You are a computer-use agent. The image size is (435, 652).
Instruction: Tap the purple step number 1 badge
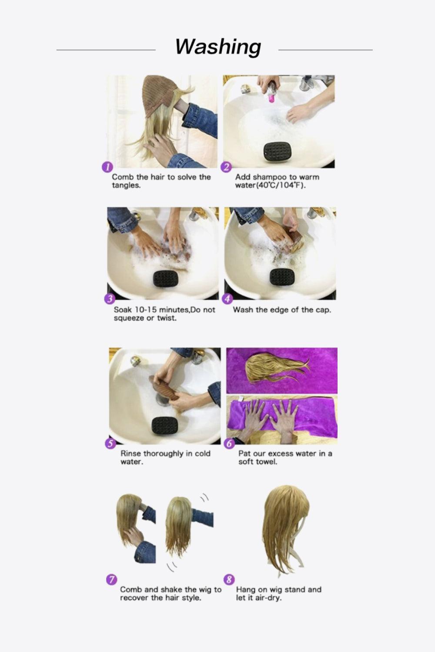coord(107,168)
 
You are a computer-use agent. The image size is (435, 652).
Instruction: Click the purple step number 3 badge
coord(110,299)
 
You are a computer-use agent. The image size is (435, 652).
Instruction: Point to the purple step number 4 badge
coord(227,299)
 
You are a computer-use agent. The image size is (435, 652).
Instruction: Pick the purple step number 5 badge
coord(111,443)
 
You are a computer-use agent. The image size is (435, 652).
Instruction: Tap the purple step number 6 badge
coord(229,443)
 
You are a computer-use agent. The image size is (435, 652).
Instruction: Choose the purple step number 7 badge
coord(111,579)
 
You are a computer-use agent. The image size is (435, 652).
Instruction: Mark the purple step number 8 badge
coord(229,579)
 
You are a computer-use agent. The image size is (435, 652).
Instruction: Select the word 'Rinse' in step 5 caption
coord(131,453)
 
